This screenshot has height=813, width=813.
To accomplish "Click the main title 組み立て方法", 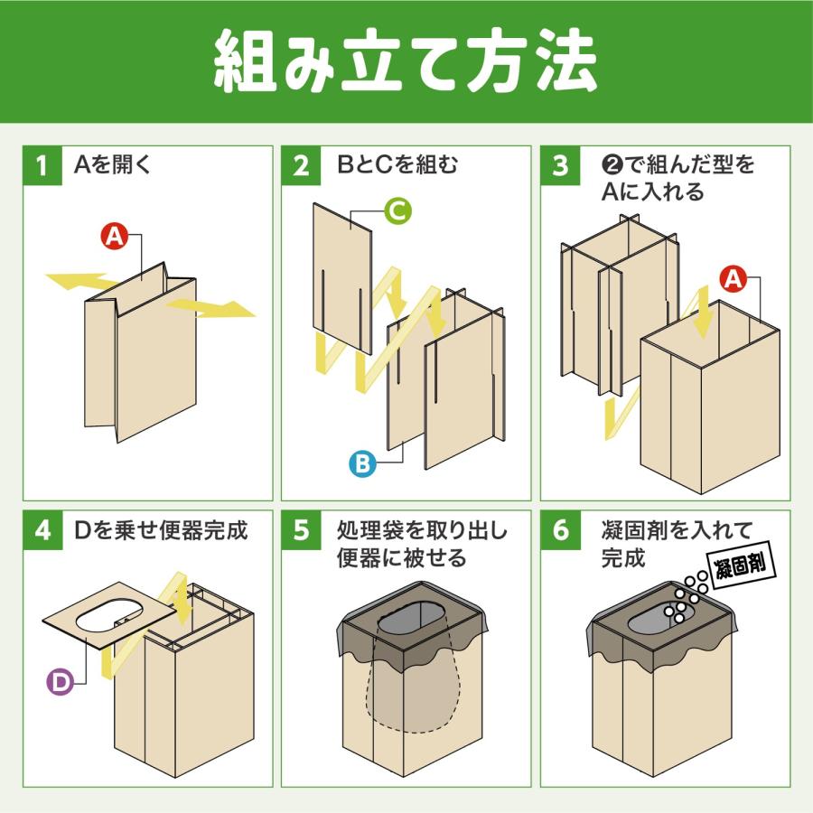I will pos(406,61).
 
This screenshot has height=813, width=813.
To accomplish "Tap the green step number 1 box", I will pos(42,166).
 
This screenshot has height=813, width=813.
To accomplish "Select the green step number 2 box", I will pos(301,166).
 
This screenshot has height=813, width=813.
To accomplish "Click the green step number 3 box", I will pos(560,166).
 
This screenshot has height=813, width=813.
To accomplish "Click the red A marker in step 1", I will pos(114,237).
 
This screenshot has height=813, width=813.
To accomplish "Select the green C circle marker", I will pos(397,211).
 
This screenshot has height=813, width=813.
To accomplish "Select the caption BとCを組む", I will pos(397,166).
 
